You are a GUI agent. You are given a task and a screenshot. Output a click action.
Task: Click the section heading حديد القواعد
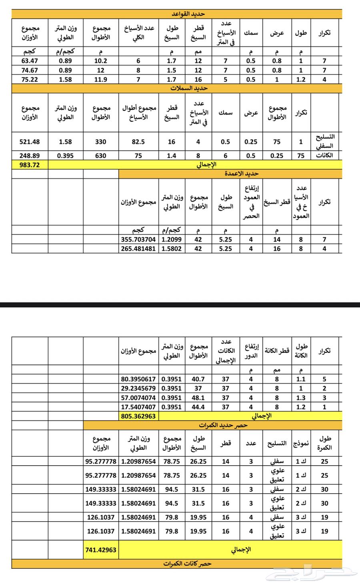188,14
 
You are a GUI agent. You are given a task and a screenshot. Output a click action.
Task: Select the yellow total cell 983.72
30,164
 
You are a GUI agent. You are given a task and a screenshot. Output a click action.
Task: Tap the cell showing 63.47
30,61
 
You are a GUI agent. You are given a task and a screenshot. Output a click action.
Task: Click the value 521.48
30,142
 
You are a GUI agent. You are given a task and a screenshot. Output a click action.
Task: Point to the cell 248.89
30,156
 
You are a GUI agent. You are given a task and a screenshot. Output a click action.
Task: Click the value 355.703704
139,240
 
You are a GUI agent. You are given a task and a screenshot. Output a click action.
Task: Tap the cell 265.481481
139,248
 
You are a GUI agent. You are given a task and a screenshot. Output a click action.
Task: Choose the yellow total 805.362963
139,416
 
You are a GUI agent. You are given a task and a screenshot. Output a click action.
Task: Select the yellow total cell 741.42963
101,550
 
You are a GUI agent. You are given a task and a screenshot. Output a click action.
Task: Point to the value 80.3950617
139,379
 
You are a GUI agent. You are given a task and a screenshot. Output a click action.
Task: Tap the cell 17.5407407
139,407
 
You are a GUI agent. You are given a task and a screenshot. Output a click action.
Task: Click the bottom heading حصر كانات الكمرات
187,564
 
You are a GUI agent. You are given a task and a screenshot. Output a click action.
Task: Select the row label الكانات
324,156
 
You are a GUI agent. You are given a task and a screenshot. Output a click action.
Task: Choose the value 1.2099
171,240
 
